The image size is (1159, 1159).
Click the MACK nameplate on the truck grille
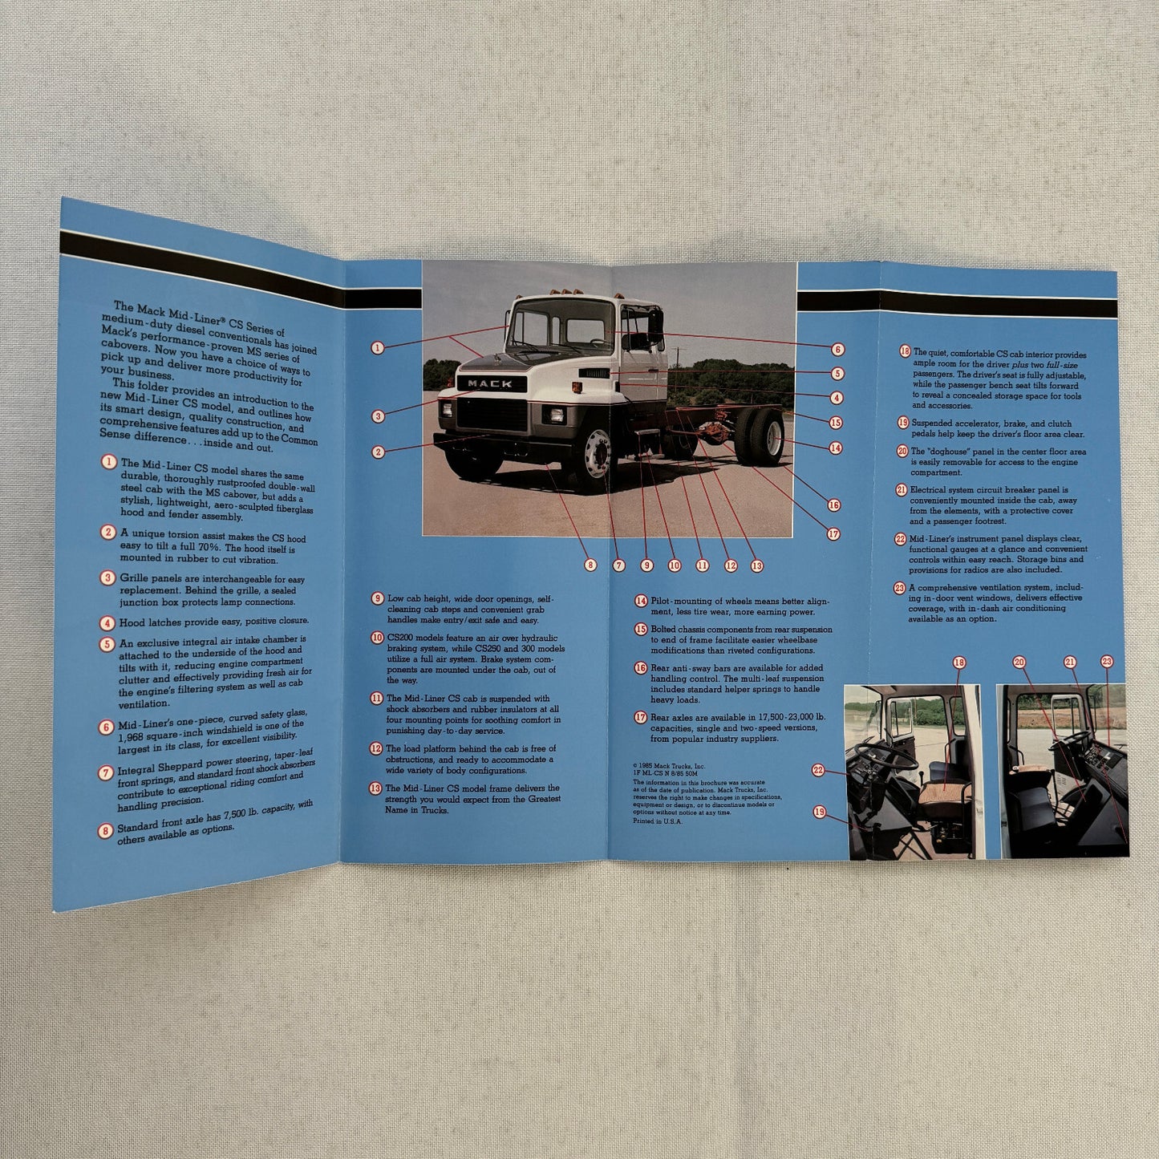pos(490,383)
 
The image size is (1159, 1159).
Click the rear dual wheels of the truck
pos(760,436)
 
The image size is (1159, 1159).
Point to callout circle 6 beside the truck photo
pos(838,349)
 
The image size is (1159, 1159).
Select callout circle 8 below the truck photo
pos(590,565)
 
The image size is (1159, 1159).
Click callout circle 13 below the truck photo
pos(757,565)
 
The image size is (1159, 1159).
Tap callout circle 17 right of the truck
pos(833,534)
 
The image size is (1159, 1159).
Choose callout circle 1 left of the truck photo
pos(378,347)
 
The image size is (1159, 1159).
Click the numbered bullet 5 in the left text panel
pos(107,644)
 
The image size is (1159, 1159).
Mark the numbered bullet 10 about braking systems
pos(377,638)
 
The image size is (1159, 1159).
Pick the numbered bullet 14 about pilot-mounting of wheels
pos(641,601)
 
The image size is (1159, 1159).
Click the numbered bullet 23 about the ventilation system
pos(900,588)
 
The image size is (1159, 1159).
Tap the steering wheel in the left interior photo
pos(885,755)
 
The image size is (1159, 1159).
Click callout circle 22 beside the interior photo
pos(818,770)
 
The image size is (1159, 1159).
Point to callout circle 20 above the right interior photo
pos(1019,662)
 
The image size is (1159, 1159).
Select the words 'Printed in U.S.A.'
pos(657,821)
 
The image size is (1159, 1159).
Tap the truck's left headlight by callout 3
pos(446,410)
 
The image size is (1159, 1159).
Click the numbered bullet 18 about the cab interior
pos(905,351)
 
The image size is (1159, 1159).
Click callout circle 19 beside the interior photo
pos(819,812)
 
